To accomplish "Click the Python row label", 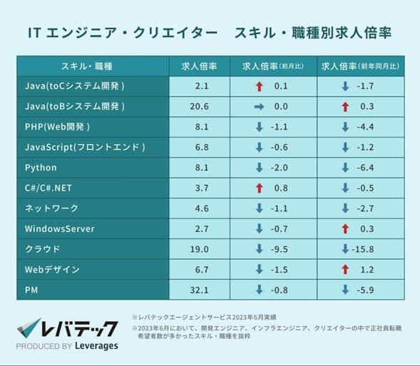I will point(41,168).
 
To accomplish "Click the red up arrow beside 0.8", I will point(259,189).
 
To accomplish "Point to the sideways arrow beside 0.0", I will point(259,107).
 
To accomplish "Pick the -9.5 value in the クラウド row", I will point(280,250).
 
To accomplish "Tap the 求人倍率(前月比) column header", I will point(277,66).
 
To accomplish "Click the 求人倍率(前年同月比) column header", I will point(360,66).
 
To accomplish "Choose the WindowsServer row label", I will point(59,229).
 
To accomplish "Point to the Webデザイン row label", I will point(52,270).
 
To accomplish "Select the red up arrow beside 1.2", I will point(345,270).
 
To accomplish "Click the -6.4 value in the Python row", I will point(367,168).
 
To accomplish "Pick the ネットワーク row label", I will point(51,209).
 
